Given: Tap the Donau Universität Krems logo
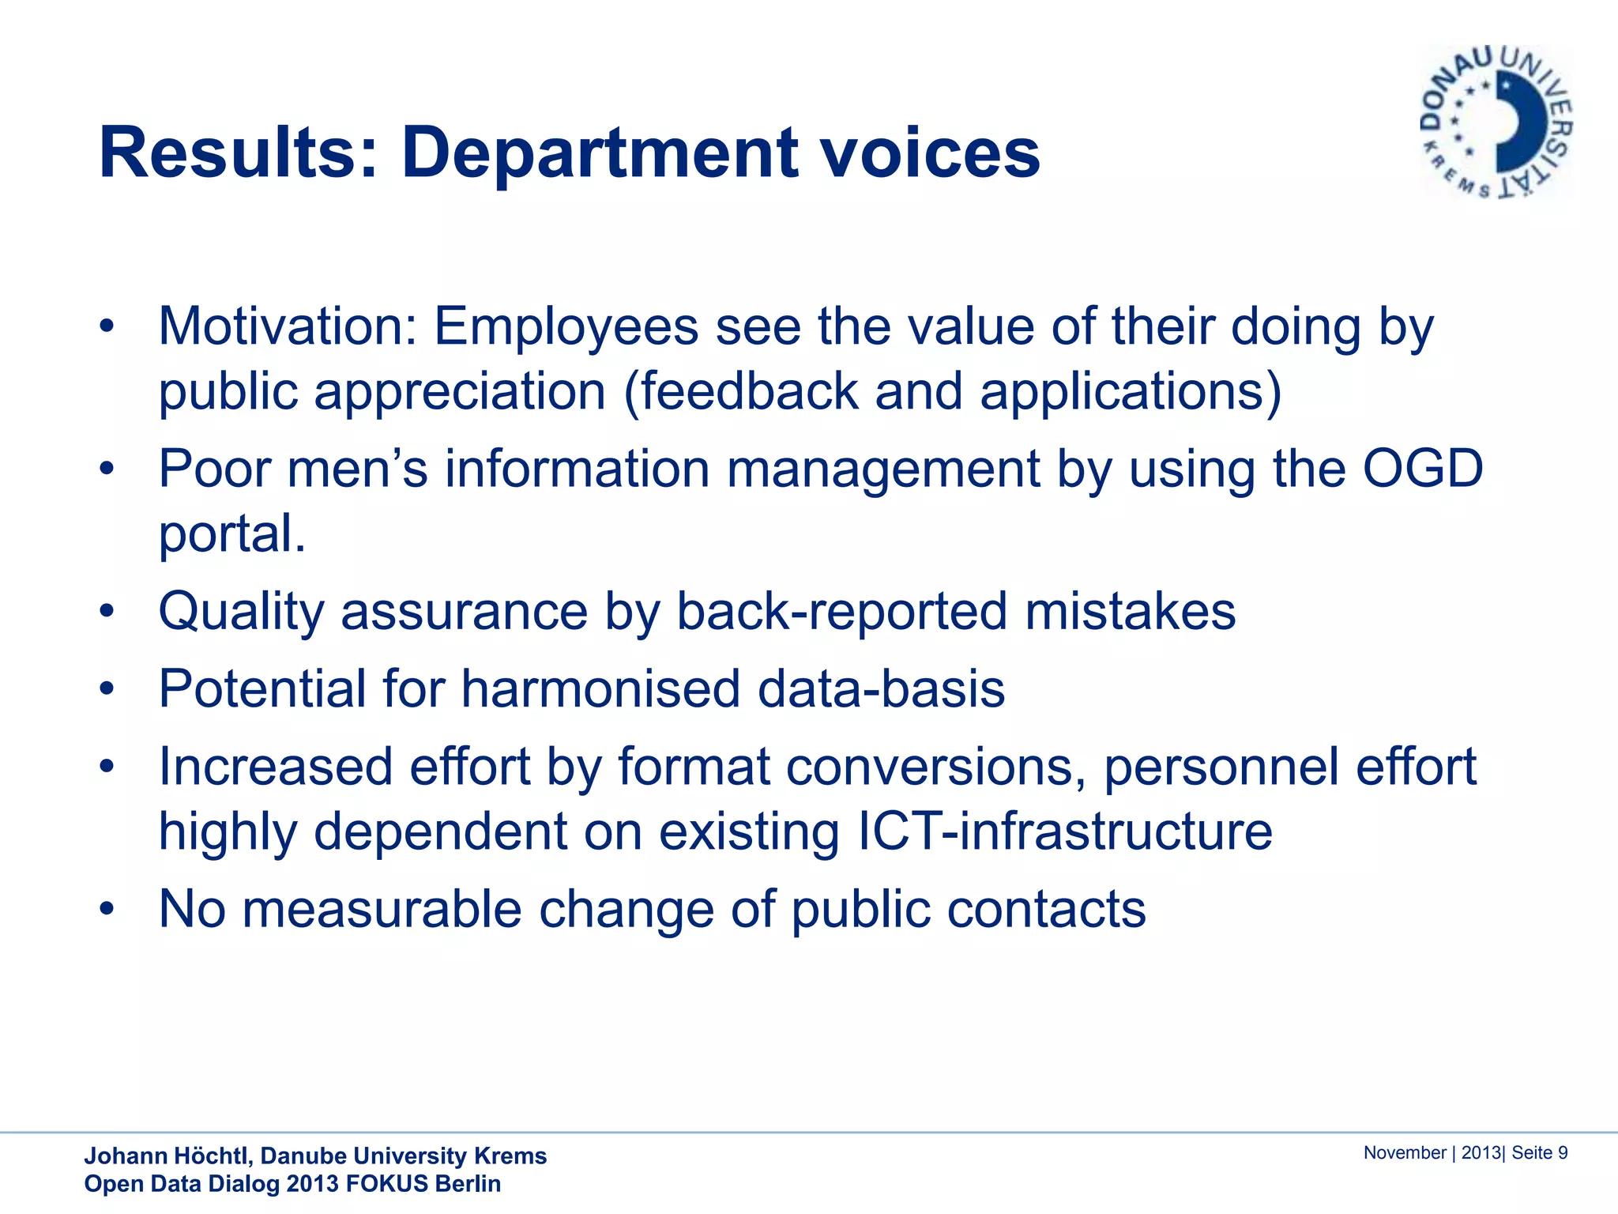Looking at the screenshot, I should (x=1496, y=123).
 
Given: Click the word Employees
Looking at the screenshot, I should (x=566, y=326).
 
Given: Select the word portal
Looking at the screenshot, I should (x=231, y=533).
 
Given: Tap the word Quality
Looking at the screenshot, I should (x=241, y=612).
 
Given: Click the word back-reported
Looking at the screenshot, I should (x=841, y=612).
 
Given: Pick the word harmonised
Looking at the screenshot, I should (x=600, y=689).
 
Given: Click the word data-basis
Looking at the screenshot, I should (x=881, y=689).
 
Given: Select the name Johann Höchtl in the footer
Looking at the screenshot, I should (x=167, y=1156).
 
